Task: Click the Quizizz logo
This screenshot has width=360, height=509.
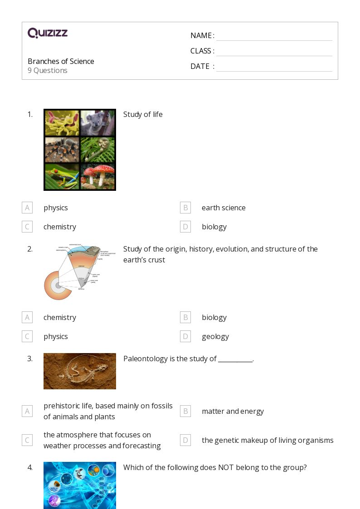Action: coord(48,33)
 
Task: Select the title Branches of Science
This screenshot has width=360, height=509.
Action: coord(61,61)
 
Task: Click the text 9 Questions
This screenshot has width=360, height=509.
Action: coord(48,70)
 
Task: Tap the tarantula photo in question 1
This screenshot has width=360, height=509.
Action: coord(62,150)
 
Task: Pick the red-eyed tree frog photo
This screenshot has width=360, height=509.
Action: coord(62,176)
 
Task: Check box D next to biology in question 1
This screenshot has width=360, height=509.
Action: coord(185,227)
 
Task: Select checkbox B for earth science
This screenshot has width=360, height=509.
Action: coord(185,208)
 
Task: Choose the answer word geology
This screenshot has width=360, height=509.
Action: coord(215,336)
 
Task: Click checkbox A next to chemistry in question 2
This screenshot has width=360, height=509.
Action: coord(27,317)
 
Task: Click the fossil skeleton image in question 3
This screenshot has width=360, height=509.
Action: coord(80,371)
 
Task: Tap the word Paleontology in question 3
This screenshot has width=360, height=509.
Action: coord(145,359)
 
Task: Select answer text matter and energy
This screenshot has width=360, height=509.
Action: coord(233,411)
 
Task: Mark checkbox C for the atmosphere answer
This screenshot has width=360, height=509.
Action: coord(27,440)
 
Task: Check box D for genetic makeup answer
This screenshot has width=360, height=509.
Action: coord(185,440)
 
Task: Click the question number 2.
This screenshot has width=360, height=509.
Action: coord(30,249)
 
